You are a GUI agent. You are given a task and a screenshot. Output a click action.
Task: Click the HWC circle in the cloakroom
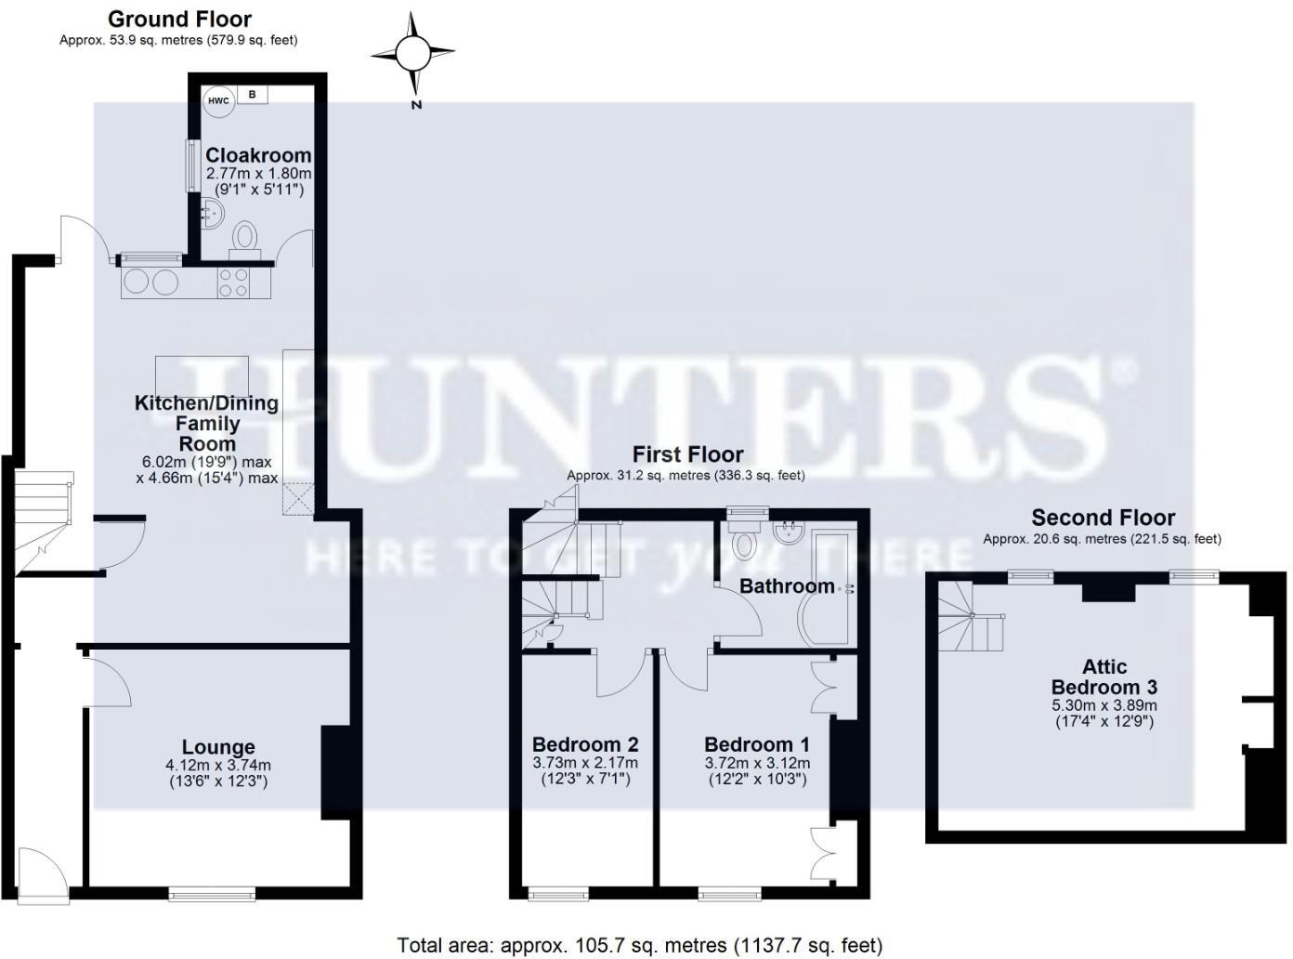[x=219, y=101]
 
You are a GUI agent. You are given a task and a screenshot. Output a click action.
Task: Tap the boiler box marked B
[x=252, y=95]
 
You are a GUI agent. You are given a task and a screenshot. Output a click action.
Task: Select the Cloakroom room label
[x=258, y=155]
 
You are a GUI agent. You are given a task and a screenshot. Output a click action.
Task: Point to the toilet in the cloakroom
[x=246, y=235]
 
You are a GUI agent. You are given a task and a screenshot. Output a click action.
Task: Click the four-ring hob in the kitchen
[x=232, y=282]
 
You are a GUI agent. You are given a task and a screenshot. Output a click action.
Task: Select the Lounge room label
[x=218, y=747]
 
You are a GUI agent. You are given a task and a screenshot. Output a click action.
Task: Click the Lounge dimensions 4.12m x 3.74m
[x=218, y=765]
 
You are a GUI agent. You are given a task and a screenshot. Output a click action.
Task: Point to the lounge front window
[x=212, y=894]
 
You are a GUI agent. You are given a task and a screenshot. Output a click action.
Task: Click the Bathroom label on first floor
[x=787, y=585]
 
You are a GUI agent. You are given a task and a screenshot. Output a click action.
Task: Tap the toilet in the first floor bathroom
[x=745, y=543]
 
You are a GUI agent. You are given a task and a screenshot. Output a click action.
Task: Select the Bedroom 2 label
[x=585, y=744]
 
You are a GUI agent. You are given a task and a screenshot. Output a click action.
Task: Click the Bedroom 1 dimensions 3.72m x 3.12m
[x=757, y=763]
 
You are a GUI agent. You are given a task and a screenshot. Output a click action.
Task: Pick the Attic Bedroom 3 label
[x=1104, y=677]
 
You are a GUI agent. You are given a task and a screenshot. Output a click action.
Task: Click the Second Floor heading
[x=1103, y=518]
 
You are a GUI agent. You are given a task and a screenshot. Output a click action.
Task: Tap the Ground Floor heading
[x=179, y=19]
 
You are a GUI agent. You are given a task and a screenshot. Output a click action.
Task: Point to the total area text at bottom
[x=639, y=945]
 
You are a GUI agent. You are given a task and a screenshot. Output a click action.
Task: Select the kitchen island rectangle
[x=202, y=374]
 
